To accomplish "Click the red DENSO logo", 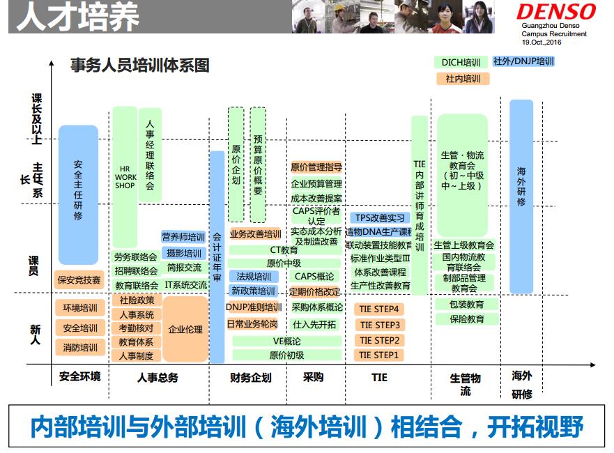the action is [x=556, y=12].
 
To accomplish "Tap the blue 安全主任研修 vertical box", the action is [x=78, y=194].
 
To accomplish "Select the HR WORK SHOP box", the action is [x=125, y=177].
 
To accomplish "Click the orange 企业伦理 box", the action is [x=185, y=329].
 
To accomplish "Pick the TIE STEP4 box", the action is [x=379, y=309].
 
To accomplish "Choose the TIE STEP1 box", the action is [x=379, y=355].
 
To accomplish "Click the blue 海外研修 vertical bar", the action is [x=521, y=197].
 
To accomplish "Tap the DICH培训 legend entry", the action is [x=461, y=62].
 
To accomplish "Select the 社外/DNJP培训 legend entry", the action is [x=523, y=61].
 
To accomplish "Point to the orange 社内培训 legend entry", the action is [x=463, y=79].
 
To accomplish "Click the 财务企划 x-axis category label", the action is [x=251, y=378].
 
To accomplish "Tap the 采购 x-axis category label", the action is [x=313, y=377].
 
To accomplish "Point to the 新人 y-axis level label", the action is [x=36, y=335].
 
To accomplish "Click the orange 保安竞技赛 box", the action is [x=79, y=280].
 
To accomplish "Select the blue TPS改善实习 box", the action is [x=380, y=217].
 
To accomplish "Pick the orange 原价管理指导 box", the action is [x=316, y=167].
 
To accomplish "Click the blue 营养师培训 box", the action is [x=183, y=237].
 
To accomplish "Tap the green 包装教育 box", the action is [x=466, y=305].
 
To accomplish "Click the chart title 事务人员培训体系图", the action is [x=140, y=65].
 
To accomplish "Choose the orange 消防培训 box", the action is [x=80, y=347].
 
